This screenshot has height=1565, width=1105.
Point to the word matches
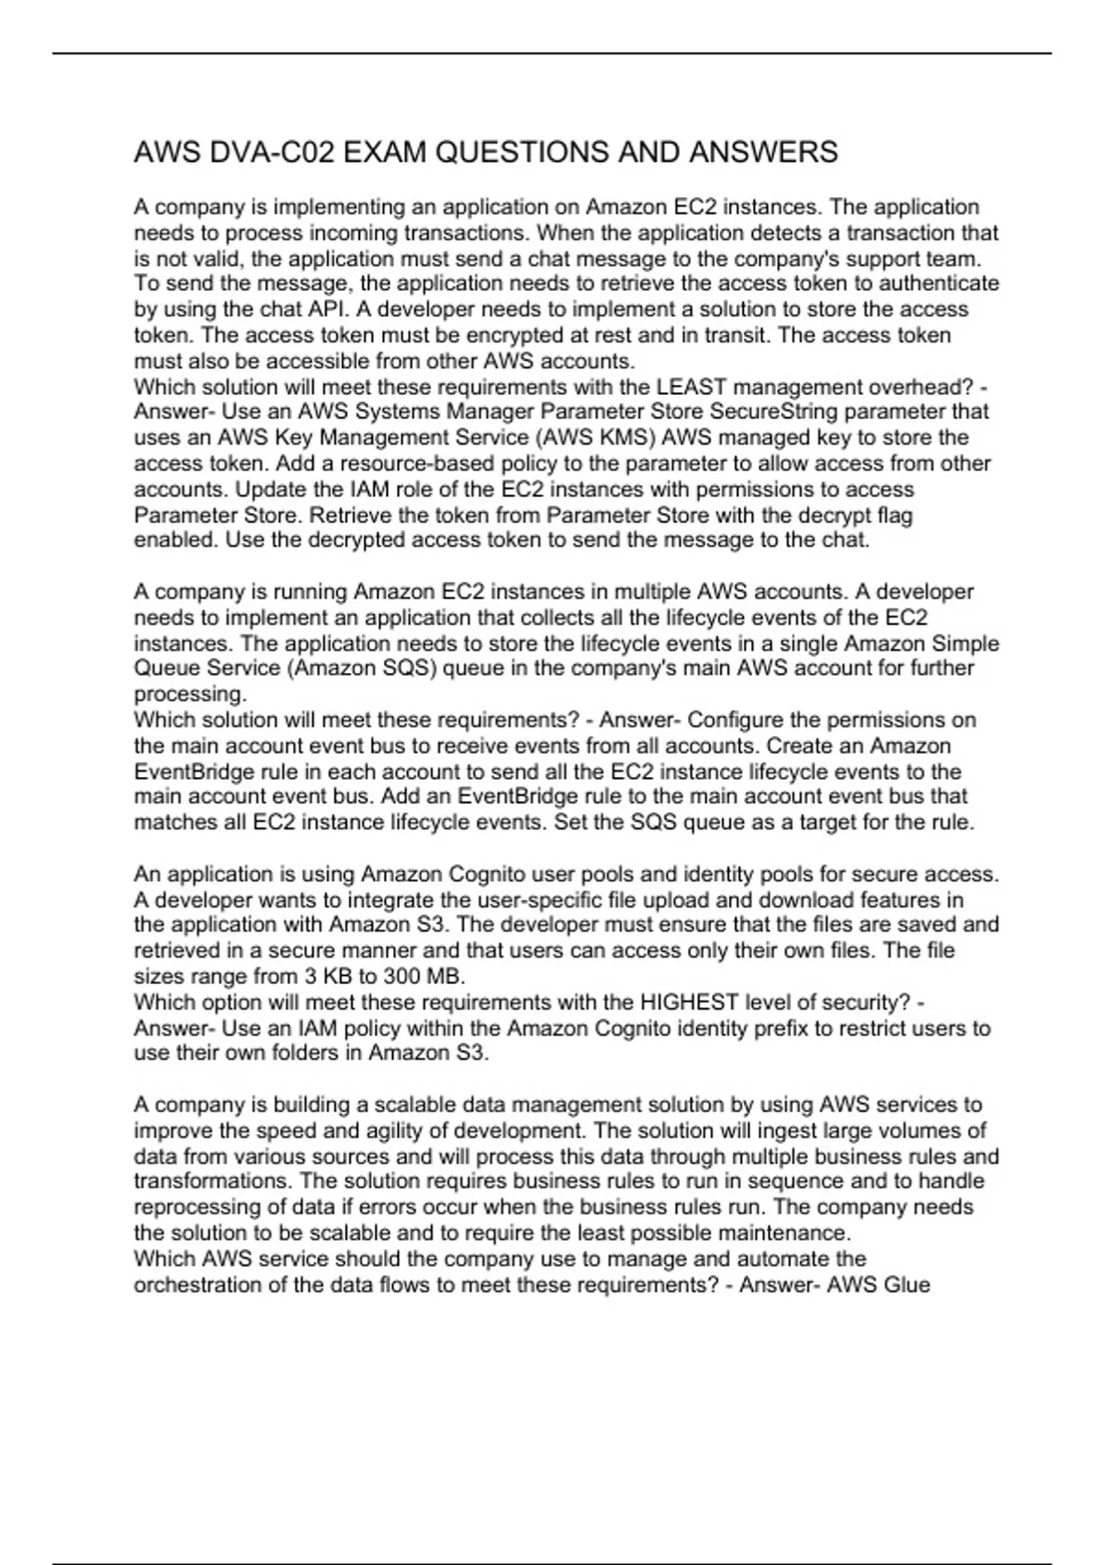point(176,822)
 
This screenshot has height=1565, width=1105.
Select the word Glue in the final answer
point(906,1284)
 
